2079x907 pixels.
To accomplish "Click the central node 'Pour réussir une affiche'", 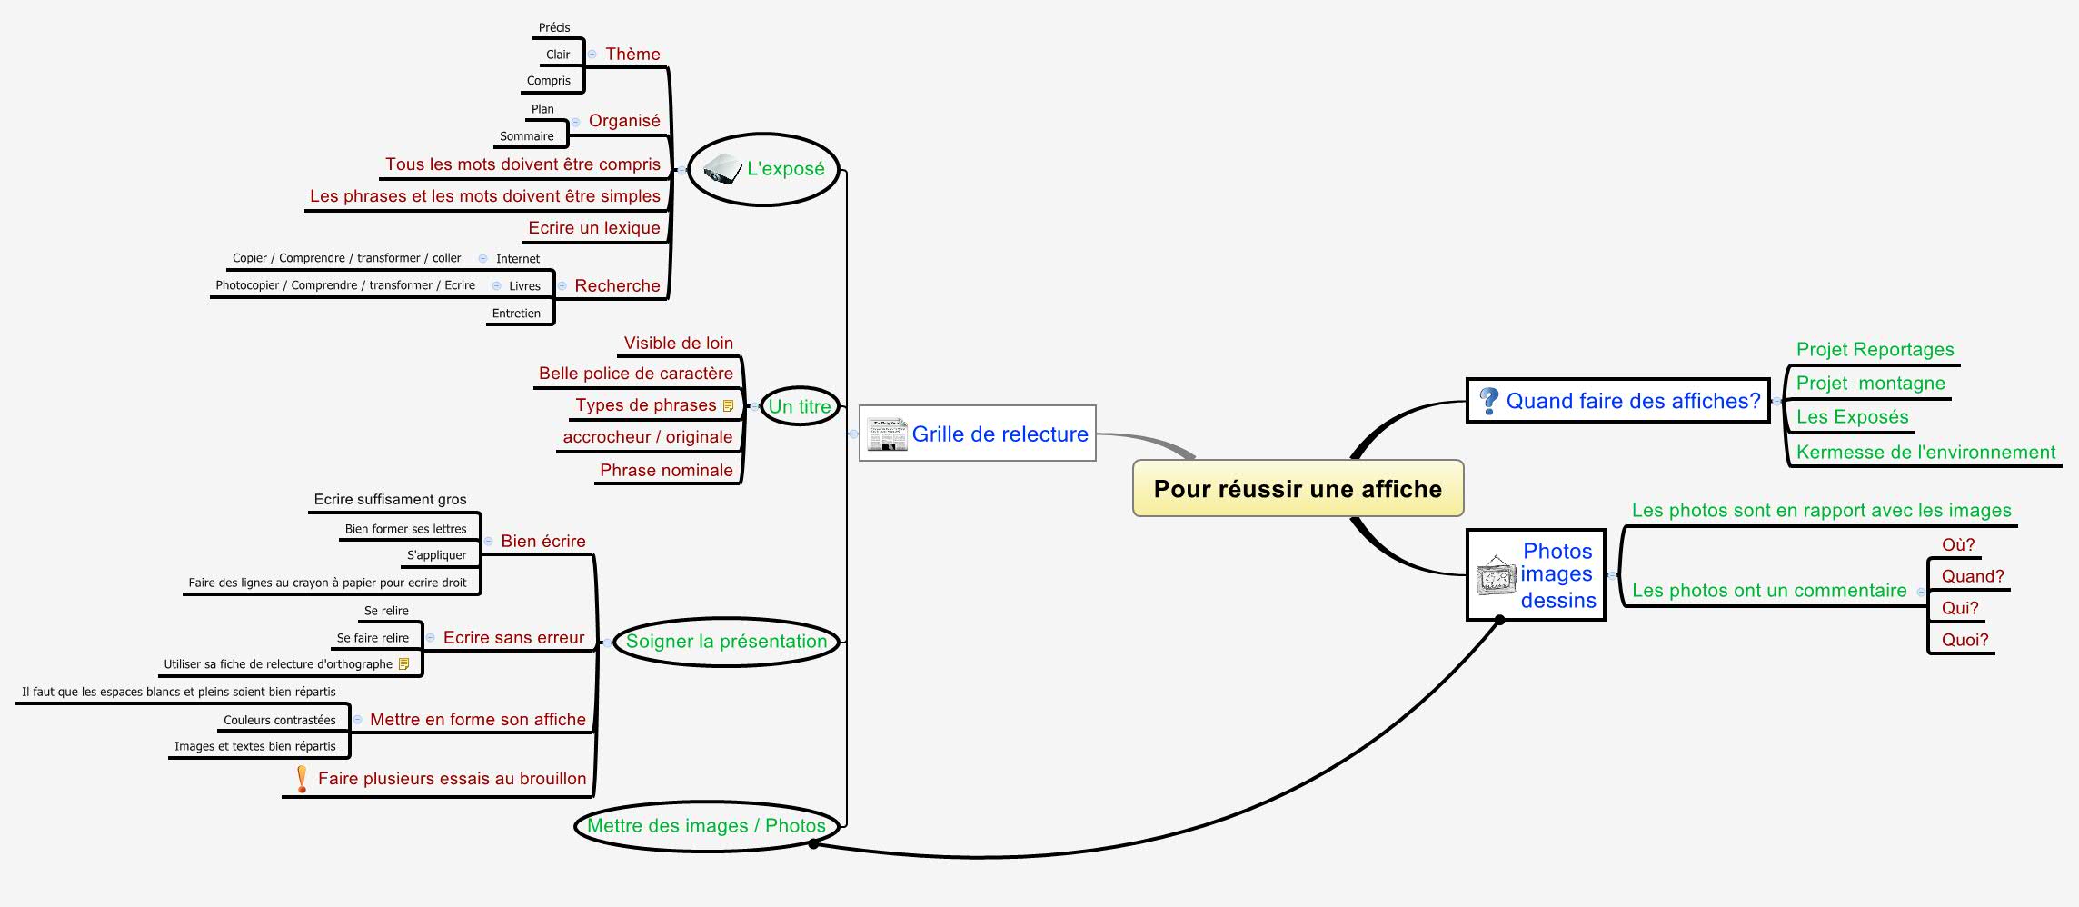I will pyautogui.click(x=1298, y=489).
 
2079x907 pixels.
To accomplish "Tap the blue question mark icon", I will pyautogui.click(x=1488, y=401).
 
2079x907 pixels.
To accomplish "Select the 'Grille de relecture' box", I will pyautogui.click(x=978, y=434).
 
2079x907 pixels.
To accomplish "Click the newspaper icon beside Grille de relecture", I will pyautogui.click(x=886, y=434).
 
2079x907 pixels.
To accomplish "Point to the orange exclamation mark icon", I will pyautogui.click(x=302, y=779).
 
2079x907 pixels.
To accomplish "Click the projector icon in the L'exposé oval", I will pyautogui.click(x=723, y=169).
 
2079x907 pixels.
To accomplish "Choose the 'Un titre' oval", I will pyautogui.click(x=800, y=406).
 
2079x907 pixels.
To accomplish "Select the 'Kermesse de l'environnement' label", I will pyautogui.click(x=1925, y=453).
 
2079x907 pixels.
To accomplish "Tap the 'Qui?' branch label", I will pyautogui.click(x=1960, y=608).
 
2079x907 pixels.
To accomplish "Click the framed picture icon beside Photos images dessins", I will pyautogui.click(x=1496, y=575).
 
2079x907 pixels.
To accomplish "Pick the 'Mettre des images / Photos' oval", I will pyautogui.click(x=706, y=826).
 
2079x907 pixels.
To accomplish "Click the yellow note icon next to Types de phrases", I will pyautogui.click(x=728, y=406).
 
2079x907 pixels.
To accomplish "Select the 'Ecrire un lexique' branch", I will pyautogui.click(x=594, y=228).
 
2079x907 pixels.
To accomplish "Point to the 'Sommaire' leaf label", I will pyautogui.click(x=526, y=136).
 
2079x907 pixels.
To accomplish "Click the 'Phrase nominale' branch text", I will pyautogui.click(x=666, y=471).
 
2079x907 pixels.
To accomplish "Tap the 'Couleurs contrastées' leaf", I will pyautogui.click(x=279, y=720).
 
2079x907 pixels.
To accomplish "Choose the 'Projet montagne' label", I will pyautogui.click(x=1870, y=384).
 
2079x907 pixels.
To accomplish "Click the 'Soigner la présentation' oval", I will pyautogui.click(x=726, y=642).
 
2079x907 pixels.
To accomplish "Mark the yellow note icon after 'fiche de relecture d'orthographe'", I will pyautogui.click(x=404, y=664).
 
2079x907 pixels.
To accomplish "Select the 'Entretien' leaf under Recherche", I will pyautogui.click(x=516, y=314).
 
